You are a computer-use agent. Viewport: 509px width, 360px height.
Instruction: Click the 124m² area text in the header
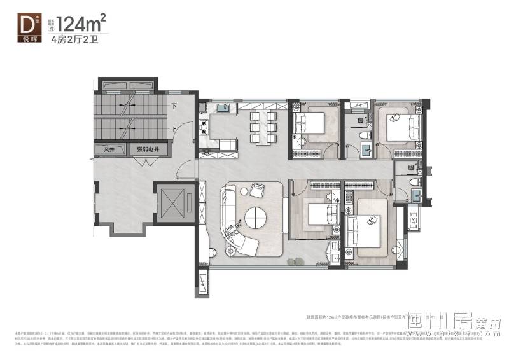point(80,24)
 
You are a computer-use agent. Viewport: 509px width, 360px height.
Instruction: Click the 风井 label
point(109,149)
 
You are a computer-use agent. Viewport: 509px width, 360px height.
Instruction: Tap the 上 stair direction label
point(174,127)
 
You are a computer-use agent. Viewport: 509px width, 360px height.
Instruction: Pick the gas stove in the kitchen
point(204,127)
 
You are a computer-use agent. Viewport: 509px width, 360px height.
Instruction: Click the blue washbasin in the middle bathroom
point(366,150)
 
